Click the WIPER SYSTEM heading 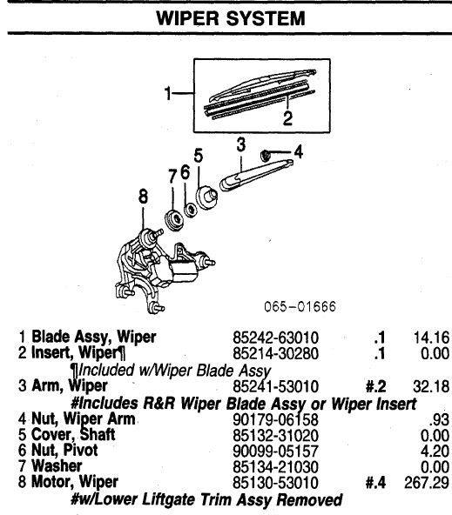tap(231, 18)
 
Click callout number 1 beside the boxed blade tap(168, 93)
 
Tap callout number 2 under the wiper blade tap(287, 118)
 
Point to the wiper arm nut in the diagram tap(265, 156)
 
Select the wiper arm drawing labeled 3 tap(256, 175)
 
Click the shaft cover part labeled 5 tap(206, 197)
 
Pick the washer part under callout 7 tap(173, 219)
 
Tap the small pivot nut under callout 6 tap(191, 210)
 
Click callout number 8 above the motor tap(143, 197)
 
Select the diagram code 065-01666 tap(300, 306)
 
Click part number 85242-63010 tap(275, 338)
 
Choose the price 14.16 tap(431, 338)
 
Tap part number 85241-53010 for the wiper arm tap(275, 386)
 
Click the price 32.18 tap(431, 386)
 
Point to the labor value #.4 tap(375, 483)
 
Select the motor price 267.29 tap(427, 483)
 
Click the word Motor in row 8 tap(52, 481)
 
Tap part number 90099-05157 tap(275, 451)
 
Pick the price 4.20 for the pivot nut tap(435, 451)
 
